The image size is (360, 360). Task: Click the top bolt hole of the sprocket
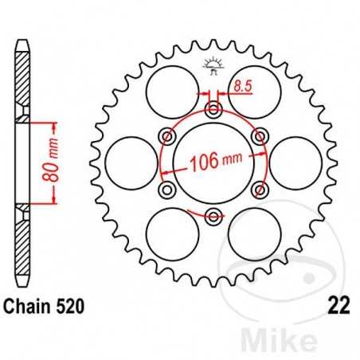pos(213,109)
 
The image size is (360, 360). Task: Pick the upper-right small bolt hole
pos(259,136)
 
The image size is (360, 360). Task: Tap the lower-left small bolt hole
pos(166,190)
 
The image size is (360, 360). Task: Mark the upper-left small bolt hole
pos(166,136)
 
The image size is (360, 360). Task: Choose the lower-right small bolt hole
pos(259,190)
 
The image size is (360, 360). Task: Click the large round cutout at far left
pos(129,162)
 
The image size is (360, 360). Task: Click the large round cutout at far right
pos(297,162)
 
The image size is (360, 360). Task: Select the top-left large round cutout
pos(170,89)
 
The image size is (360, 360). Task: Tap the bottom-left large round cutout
pos(170,235)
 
